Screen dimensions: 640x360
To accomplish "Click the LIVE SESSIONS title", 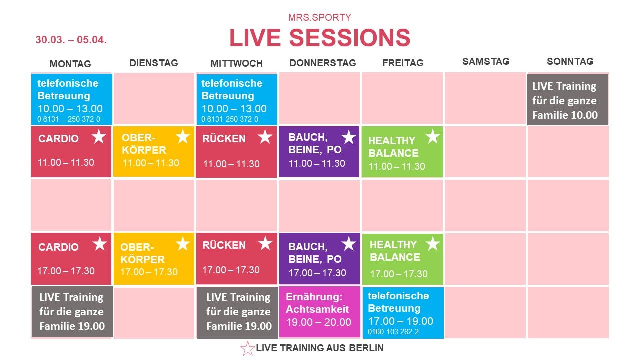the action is click(x=320, y=38).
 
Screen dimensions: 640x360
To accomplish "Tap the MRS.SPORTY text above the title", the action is click(x=319, y=17).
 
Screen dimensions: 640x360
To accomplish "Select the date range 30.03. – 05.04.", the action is click(x=71, y=39).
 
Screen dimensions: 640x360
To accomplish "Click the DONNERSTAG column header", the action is click(x=323, y=63).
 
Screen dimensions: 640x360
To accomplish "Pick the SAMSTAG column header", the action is click(x=486, y=61).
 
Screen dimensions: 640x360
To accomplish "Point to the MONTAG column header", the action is click(x=70, y=64).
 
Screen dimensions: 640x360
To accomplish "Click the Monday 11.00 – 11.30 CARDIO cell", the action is click(x=71, y=152).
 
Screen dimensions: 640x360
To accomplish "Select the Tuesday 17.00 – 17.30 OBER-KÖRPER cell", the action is click(x=154, y=259).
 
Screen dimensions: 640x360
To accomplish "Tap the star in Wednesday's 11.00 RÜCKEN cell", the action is click(x=265, y=137).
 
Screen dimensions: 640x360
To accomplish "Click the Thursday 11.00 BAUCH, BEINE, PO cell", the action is click(x=319, y=152).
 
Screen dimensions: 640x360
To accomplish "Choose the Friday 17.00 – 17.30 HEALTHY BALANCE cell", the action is click(x=403, y=259).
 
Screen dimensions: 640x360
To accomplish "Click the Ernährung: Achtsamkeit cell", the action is click(x=320, y=312).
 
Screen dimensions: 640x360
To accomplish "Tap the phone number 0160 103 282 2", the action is click(x=393, y=332).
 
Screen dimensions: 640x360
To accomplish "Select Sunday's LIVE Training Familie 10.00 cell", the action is click(x=568, y=100).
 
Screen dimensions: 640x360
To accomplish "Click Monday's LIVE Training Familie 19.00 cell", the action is click(x=72, y=312).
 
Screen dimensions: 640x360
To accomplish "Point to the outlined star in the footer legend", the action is click(x=247, y=349).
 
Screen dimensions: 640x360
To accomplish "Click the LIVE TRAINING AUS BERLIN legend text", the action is click(x=320, y=348).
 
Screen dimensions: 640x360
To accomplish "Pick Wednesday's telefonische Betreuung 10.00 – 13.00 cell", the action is click(x=237, y=100).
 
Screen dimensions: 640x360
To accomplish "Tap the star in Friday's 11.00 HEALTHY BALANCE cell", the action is click(x=433, y=136).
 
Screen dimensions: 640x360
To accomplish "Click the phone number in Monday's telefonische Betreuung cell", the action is click(x=69, y=119).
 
